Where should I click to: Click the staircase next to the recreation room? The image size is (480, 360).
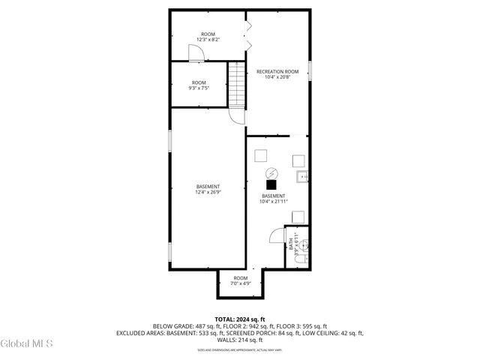238,86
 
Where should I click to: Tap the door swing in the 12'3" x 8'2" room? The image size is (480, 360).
195,52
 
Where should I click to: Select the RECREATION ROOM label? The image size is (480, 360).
277,72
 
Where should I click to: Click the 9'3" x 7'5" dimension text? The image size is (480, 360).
199,88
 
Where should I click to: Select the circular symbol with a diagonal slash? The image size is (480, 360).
273,170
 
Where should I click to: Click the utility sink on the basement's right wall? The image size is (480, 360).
301,178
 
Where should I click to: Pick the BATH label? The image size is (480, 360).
291,244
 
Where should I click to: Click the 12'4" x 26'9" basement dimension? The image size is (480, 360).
208,192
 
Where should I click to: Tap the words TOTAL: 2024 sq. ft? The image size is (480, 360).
240,319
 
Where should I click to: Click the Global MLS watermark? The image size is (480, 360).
27,343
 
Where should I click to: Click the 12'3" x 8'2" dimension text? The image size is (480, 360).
208,39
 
